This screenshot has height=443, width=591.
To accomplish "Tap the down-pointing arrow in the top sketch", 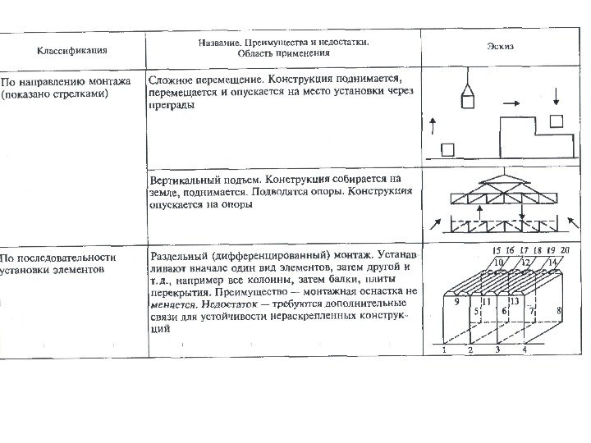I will (x=557, y=96).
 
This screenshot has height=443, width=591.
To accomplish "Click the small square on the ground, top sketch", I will (x=447, y=149).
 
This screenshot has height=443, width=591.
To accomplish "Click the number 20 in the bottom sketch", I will (x=565, y=249).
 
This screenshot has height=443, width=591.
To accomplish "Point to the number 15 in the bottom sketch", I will (x=497, y=249).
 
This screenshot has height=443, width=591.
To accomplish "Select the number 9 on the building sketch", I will (x=456, y=302).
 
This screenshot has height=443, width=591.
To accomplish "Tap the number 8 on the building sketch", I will (x=558, y=312).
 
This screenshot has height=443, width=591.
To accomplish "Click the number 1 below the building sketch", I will (x=443, y=349).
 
